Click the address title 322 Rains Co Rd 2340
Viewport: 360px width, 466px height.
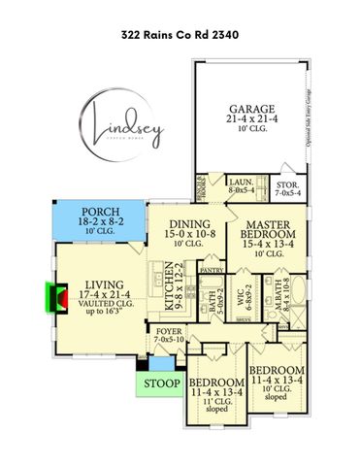click(180, 34)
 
